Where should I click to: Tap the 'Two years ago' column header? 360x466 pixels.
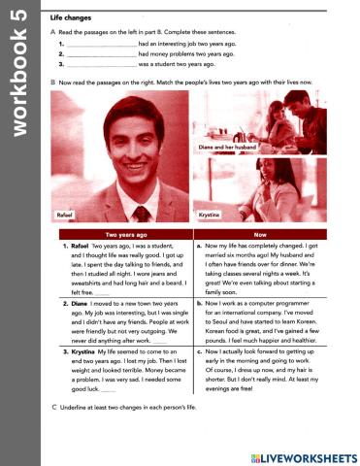click(126, 235)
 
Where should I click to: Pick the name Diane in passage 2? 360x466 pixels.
click(79, 304)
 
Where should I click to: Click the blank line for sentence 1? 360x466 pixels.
click(102, 45)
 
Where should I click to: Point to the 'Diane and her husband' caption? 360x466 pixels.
click(224, 147)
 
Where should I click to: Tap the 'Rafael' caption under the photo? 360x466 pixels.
click(65, 214)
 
